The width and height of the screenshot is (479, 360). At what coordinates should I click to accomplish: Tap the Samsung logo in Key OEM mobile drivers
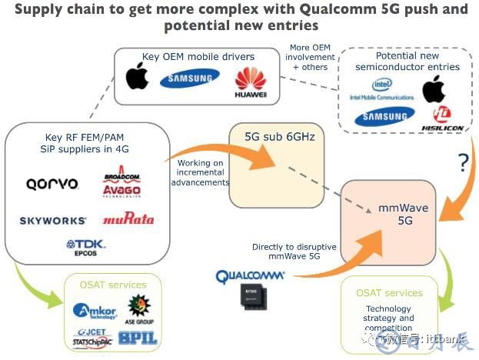188,79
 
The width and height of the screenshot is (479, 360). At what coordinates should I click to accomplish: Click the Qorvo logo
52,184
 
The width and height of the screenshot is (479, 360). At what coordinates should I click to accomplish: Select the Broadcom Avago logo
124,186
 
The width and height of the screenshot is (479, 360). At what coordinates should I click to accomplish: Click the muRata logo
128,218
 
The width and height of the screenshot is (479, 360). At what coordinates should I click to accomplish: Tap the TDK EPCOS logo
88,248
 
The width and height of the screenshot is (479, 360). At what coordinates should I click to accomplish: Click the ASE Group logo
139,308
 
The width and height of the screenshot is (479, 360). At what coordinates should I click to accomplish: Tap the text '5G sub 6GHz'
273,138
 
